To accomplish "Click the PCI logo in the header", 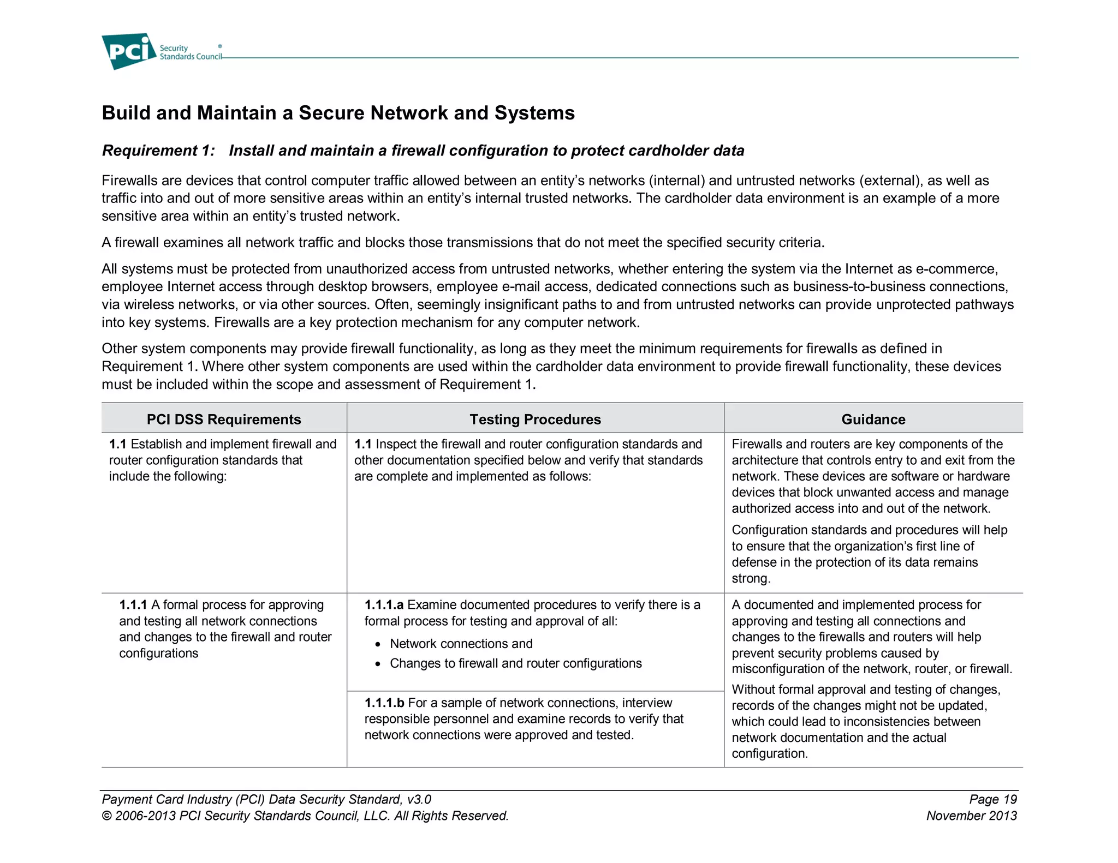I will pos(129,51).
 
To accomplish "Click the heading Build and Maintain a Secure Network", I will pos(338,113).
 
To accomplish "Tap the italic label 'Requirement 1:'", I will pos(158,151).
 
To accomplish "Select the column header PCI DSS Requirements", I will pos(224,419).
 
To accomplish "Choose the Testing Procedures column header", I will pos(535,419).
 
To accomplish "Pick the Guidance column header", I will pos(873,419).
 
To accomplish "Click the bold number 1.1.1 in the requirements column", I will pos(133,605).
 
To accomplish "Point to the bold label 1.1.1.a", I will pos(384,605).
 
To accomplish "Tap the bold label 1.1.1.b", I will pos(384,703).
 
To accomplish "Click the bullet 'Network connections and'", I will pos(461,644).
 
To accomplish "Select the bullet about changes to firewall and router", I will pos(515,663).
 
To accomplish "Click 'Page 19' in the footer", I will pos(993,799).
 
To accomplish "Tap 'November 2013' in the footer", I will pos(971,816).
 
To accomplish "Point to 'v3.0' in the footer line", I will pos(419,799).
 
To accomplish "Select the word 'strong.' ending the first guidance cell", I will pos(751,578).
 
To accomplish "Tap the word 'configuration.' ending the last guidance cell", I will pos(769,753).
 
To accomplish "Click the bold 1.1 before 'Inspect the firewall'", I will pos(362,444).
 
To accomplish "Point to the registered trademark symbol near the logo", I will pos(220,46).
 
